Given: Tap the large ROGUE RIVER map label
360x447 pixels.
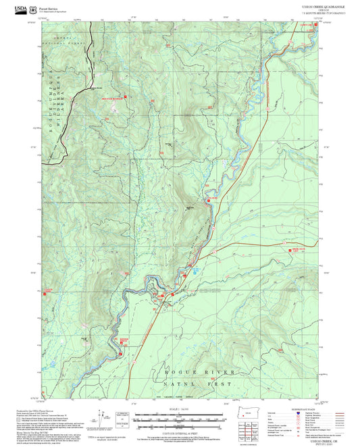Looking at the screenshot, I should [203, 372].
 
